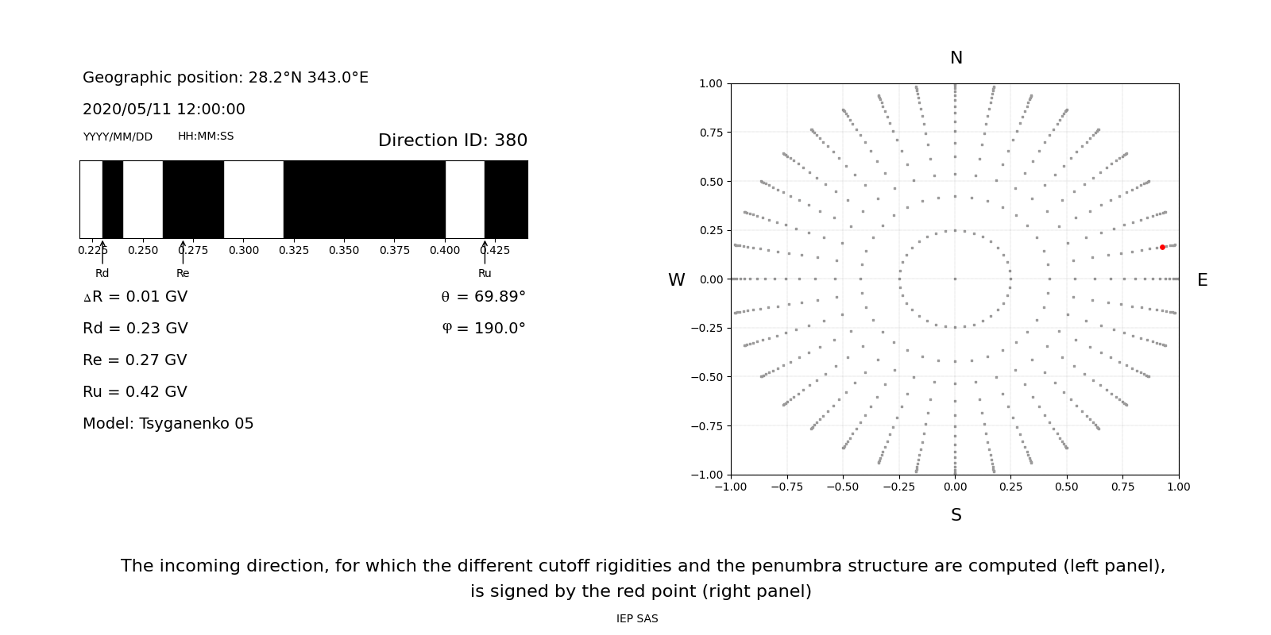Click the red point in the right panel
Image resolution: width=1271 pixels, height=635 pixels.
(1162, 247)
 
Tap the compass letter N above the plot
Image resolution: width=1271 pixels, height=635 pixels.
(956, 58)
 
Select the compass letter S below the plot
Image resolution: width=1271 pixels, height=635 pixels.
(956, 515)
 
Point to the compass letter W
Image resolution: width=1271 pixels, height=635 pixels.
(676, 280)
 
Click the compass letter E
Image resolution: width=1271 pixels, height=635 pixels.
(1202, 280)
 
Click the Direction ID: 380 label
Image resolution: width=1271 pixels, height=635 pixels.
(452, 140)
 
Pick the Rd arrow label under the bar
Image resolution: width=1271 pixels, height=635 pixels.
(102, 273)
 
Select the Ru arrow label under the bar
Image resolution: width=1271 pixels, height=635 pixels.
(485, 273)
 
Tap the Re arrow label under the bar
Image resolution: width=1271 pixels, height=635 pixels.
(183, 273)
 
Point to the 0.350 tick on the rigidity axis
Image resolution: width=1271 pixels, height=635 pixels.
(344, 250)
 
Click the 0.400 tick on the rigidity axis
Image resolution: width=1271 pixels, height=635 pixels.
(445, 250)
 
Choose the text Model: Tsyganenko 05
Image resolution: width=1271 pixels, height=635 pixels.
(168, 424)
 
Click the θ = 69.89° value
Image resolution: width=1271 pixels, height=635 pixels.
(483, 297)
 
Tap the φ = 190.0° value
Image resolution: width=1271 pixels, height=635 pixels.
(484, 329)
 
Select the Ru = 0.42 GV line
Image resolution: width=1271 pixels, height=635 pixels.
(135, 392)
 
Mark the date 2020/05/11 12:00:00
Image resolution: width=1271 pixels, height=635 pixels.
(164, 110)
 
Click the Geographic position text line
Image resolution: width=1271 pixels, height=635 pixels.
(226, 78)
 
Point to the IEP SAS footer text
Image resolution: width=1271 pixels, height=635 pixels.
(637, 619)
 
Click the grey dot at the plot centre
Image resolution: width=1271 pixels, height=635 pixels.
(955, 279)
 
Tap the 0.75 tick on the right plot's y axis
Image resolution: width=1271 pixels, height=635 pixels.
(710, 133)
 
